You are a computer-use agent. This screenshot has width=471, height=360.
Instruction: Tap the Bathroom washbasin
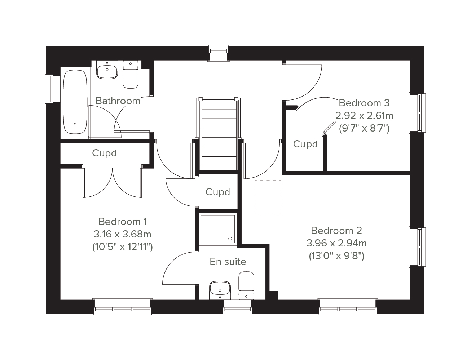pos(107,70)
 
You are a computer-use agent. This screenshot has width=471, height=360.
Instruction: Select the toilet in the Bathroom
pos(131,74)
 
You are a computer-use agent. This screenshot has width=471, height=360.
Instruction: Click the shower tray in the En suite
pos(218,229)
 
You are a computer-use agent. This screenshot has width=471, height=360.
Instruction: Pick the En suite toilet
pos(246,286)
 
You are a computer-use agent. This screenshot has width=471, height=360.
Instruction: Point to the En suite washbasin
pos(220,290)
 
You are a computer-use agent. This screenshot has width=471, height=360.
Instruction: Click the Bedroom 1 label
pos(123,222)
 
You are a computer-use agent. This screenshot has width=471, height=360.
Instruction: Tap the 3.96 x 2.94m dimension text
pos(336,243)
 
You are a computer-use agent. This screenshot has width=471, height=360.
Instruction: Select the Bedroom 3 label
pos(364,103)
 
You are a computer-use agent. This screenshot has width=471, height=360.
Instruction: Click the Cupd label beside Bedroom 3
pos(305,144)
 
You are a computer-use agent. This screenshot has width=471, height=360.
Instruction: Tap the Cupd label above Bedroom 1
pos(104,153)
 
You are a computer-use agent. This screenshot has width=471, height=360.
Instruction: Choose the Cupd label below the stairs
pos(217,192)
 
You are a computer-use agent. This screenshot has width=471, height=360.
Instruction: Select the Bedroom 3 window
pos(417,113)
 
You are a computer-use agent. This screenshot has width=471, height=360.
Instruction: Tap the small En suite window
pos(238,307)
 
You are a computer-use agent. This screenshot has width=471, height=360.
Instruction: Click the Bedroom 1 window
pos(123,307)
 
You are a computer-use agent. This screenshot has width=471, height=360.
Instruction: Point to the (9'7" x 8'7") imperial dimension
pos(364,128)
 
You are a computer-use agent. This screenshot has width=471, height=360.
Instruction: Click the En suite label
pos(228,262)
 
